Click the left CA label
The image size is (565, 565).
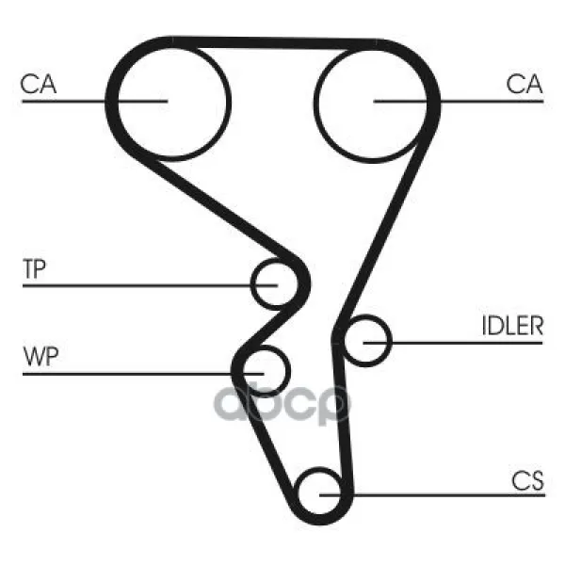pyautogui.click(x=39, y=84)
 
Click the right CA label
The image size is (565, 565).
pyautogui.click(x=525, y=84)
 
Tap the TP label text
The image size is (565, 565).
pyautogui.click(x=35, y=268)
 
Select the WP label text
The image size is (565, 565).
pyautogui.click(x=40, y=357)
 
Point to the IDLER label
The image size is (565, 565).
pyautogui.click(x=512, y=326)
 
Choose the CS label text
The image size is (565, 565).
pyautogui.click(x=527, y=480)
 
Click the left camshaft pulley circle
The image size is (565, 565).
pyautogui.click(x=173, y=102)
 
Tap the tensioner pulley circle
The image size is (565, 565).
pyautogui.click(x=276, y=284)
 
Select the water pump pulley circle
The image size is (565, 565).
pyautogui.click(x=265, y=371)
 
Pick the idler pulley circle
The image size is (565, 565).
pyautogui.click(x=366, y=341)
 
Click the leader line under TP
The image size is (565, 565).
pyautogui.click(x=150, y=285)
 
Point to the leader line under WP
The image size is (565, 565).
pyautogui.click(x=143, y=374)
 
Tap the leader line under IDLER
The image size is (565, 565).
pyautogui.click(x=453, y=343)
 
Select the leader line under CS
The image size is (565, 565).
pyautogui.click(x=432, y=495)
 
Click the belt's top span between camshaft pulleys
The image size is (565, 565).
pyautogui.click(x=274, y=43)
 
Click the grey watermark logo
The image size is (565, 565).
pyautogui.click(x=282, y=404)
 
